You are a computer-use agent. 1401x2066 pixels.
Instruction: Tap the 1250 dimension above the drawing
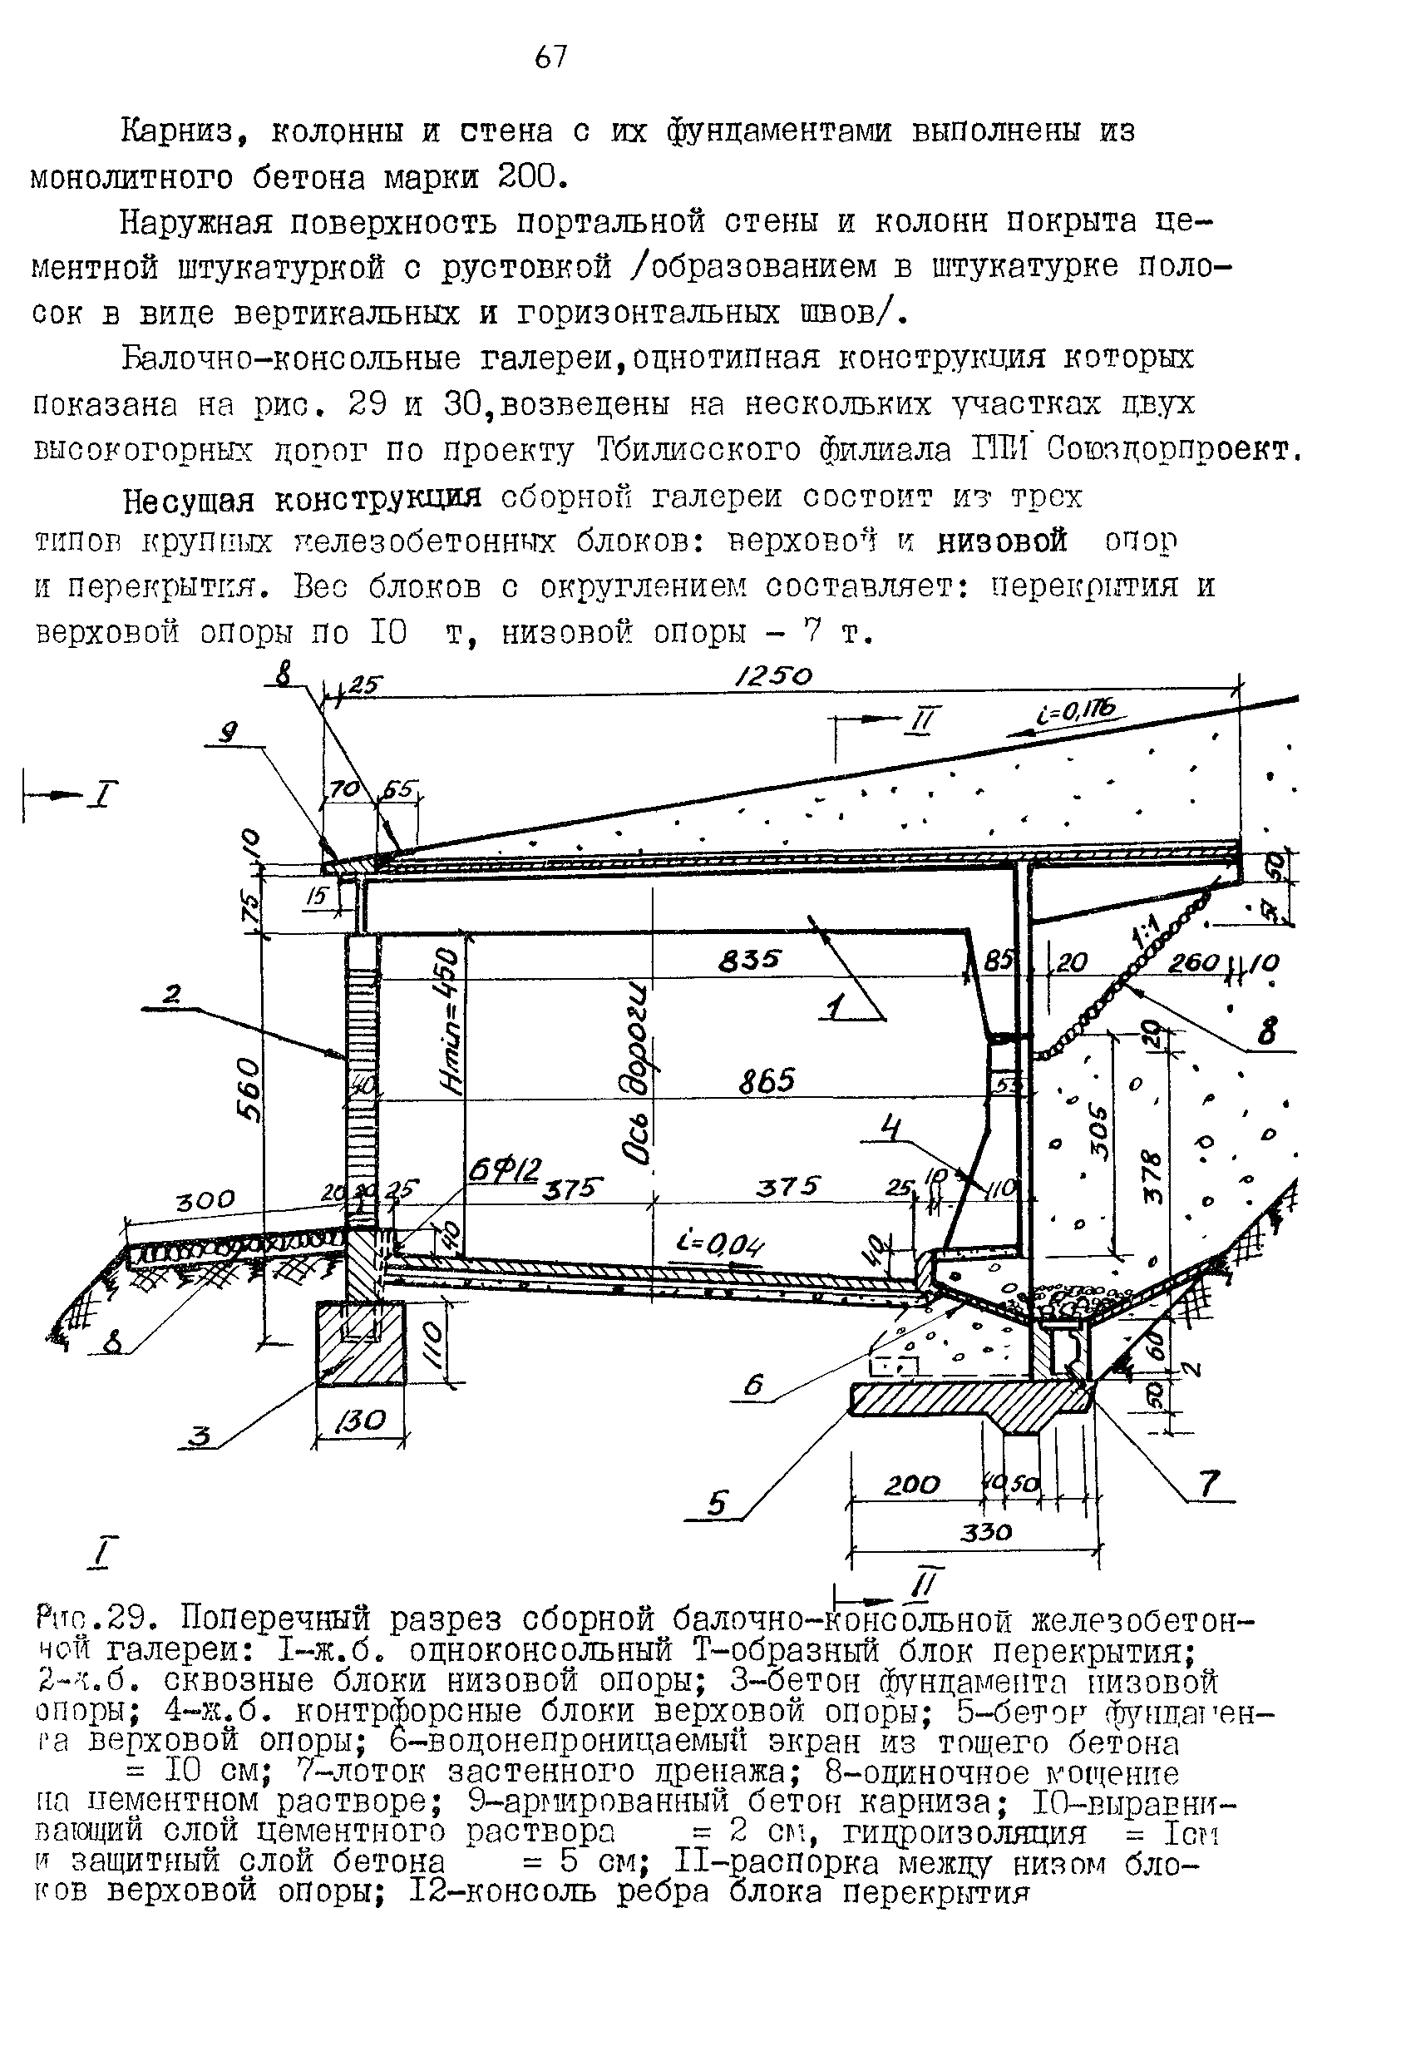click(772, 677)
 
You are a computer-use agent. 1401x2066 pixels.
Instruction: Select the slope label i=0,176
click(1074, 709)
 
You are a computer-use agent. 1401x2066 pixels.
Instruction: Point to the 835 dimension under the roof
click(749, 959)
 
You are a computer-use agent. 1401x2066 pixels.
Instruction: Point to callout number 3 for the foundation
click(202, 1436)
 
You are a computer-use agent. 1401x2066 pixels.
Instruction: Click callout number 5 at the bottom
click(718, 1502)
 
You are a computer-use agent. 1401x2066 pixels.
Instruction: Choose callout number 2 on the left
click(171, 996)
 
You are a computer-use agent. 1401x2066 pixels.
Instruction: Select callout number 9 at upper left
click(229, 733)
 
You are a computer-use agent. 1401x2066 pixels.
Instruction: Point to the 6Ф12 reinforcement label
click(504, 1171)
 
